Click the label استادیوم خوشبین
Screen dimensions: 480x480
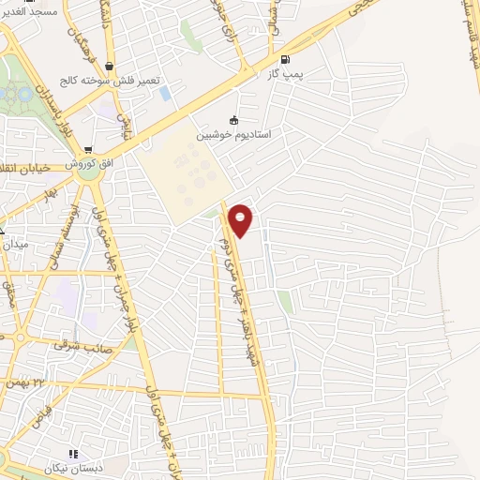point(233,135)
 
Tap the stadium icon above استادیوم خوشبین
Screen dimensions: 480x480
point(233,120)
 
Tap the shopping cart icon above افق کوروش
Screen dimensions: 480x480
point(87,150)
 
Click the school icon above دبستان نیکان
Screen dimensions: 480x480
point(73,454)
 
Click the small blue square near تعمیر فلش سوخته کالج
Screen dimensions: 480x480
point(166,94)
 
